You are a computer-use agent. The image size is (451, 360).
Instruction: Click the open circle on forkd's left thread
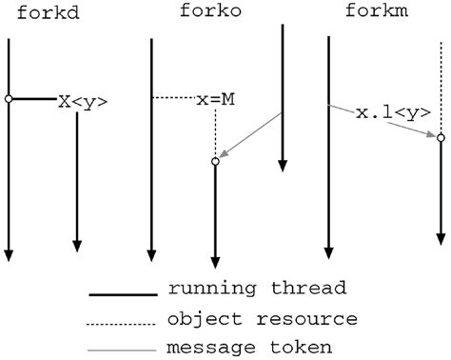point(9,98)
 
